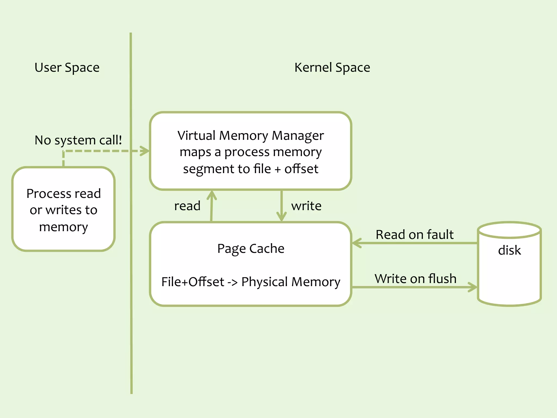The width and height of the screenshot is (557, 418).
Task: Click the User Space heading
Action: coord(67,67)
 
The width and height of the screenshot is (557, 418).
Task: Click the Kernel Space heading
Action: coord(332,67)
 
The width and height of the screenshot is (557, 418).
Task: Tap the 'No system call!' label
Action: coord(78,140)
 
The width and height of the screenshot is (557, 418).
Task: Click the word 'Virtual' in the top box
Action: coord(196,136)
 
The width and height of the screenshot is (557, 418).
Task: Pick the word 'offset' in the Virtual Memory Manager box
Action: coord(301,169)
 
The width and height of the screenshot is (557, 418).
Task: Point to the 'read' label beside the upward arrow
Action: coord(187,206)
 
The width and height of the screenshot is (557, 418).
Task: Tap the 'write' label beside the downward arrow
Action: coord(306,206)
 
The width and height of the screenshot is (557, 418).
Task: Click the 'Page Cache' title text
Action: coord(251,248)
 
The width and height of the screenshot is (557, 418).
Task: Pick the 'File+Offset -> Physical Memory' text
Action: coord(251,282)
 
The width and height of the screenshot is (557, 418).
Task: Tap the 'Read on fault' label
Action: coord(414,235)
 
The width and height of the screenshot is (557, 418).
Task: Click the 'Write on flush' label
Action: coord(415,279)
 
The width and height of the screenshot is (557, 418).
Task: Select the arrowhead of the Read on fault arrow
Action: coord(356,243)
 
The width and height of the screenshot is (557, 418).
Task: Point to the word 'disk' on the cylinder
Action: coord(509,250)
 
